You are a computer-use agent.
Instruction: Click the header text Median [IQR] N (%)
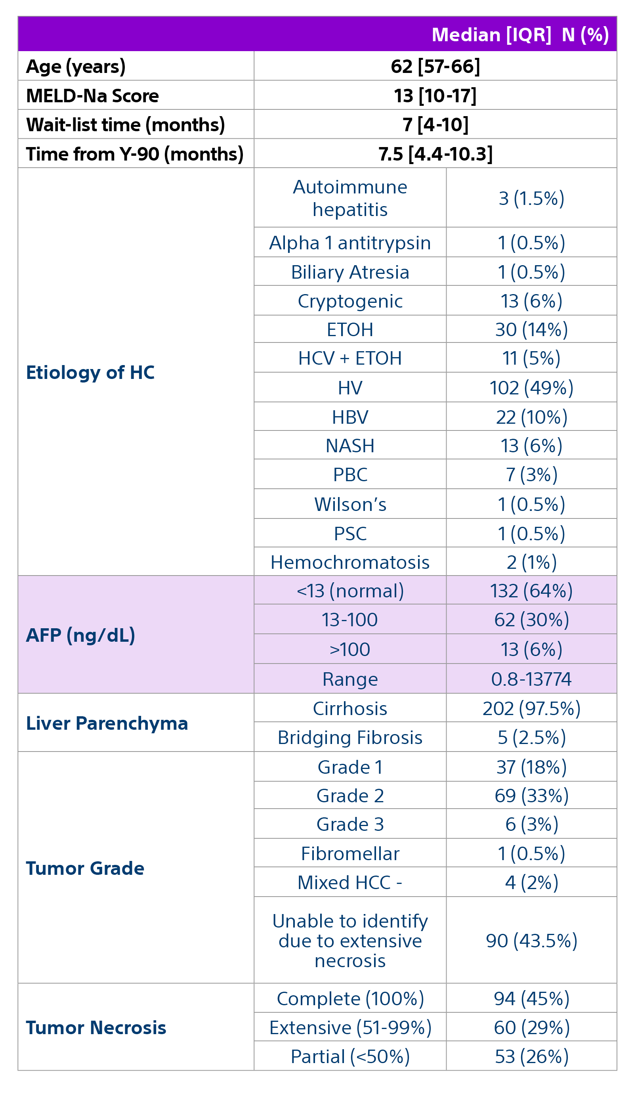520,35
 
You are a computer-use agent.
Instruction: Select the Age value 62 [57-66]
435,67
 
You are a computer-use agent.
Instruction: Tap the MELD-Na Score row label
92,96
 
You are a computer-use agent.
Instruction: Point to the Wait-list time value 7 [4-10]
435,125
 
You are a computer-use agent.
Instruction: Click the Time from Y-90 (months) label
134,154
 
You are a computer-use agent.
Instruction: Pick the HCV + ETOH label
350,359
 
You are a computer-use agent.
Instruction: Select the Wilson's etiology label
350,505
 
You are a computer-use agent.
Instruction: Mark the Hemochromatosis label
350,562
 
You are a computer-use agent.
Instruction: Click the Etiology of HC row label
90,373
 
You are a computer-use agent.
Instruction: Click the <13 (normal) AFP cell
350,591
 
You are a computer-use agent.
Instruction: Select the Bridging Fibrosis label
350,738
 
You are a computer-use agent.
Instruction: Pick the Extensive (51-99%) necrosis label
350,1027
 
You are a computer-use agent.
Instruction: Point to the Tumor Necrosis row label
96,1027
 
